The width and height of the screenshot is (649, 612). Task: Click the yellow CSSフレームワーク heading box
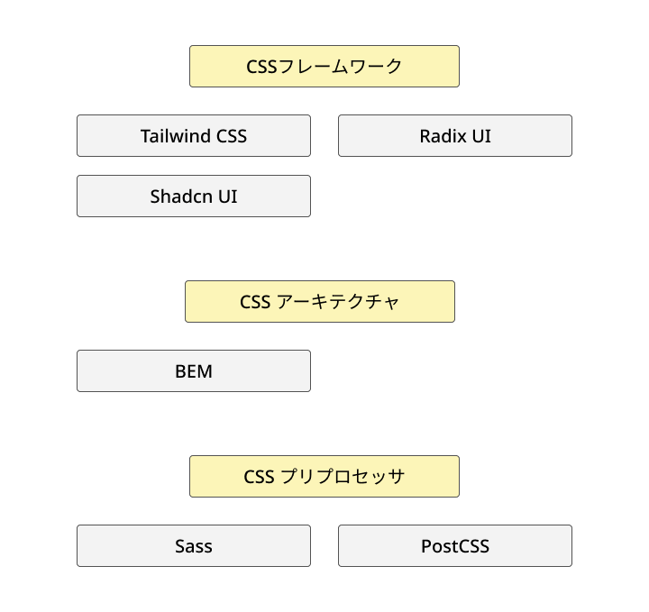tap(324, 66)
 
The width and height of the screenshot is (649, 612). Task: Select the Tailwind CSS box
tap(194, 135)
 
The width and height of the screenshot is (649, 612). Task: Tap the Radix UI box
tap(455, 135)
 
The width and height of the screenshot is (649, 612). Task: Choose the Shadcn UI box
tap(194, 196)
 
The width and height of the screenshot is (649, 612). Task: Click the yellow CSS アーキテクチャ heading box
tap(320, 301)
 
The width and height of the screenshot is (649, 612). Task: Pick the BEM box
tap(194, 370)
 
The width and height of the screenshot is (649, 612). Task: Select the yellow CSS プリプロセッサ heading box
tap(324, 476)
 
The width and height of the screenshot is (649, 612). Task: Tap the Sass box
tap(194, 545)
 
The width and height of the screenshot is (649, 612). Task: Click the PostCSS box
tap(455, 545)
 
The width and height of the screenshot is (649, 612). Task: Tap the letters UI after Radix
tap(481, 136)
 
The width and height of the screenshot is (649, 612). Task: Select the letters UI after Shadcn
tap(227, 196)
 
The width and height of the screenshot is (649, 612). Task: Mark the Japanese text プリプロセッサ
tap(343, 477)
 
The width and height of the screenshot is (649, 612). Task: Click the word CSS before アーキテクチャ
tap(255, 302)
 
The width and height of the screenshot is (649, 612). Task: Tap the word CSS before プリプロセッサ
tap(259, 477)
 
